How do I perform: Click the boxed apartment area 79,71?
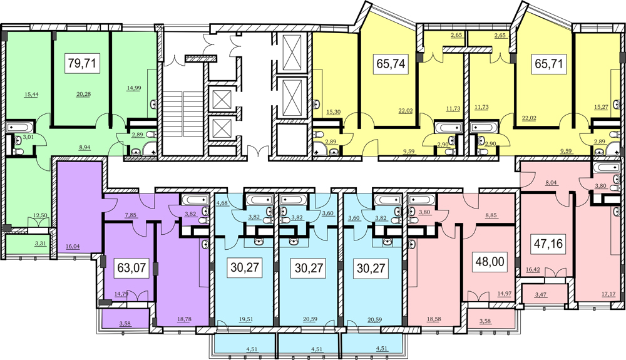click(82, 63)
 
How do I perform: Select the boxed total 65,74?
click(391, 63)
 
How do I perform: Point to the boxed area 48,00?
click(490, 262)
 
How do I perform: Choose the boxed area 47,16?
click(548, 243)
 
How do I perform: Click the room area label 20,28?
click(83, 94)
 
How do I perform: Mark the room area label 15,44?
click(31, 94)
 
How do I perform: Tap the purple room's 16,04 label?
click(73, 246)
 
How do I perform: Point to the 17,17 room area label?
click(608, 294)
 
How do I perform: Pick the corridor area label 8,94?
click(85, 147)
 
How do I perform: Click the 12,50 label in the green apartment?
click(40, 215)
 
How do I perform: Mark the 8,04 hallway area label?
click(552, 183)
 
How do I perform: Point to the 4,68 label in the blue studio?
click(222, 203)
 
